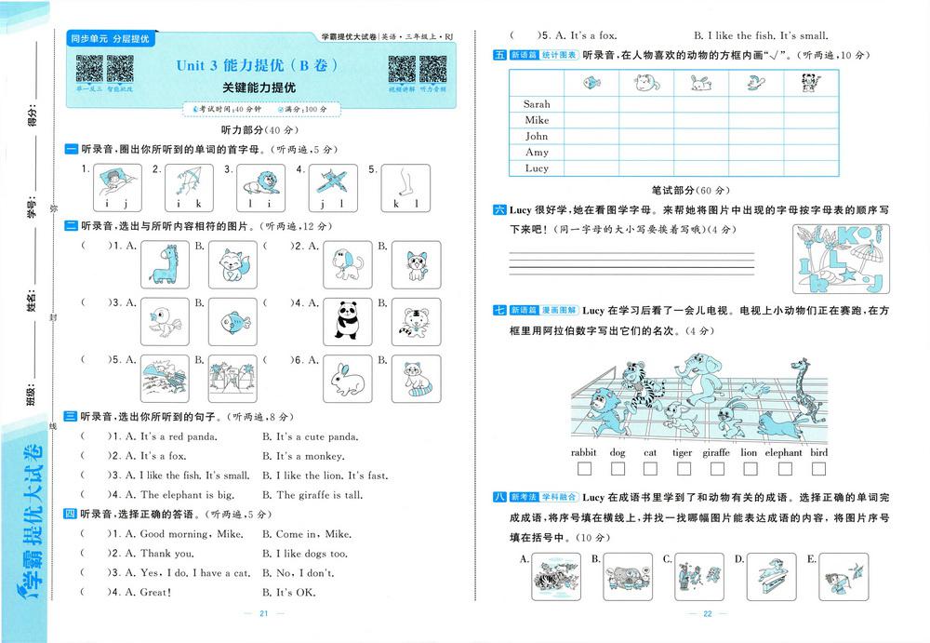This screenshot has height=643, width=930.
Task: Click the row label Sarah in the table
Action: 537,104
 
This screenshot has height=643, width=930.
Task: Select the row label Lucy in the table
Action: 537,168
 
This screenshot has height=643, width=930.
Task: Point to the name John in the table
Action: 537,136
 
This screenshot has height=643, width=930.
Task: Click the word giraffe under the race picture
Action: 715,453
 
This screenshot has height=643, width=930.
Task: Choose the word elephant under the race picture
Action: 784,453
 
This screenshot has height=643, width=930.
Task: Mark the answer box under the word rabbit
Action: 583,469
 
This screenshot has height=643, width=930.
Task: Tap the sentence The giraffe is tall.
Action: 312,495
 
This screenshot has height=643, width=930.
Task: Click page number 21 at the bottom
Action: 263,614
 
